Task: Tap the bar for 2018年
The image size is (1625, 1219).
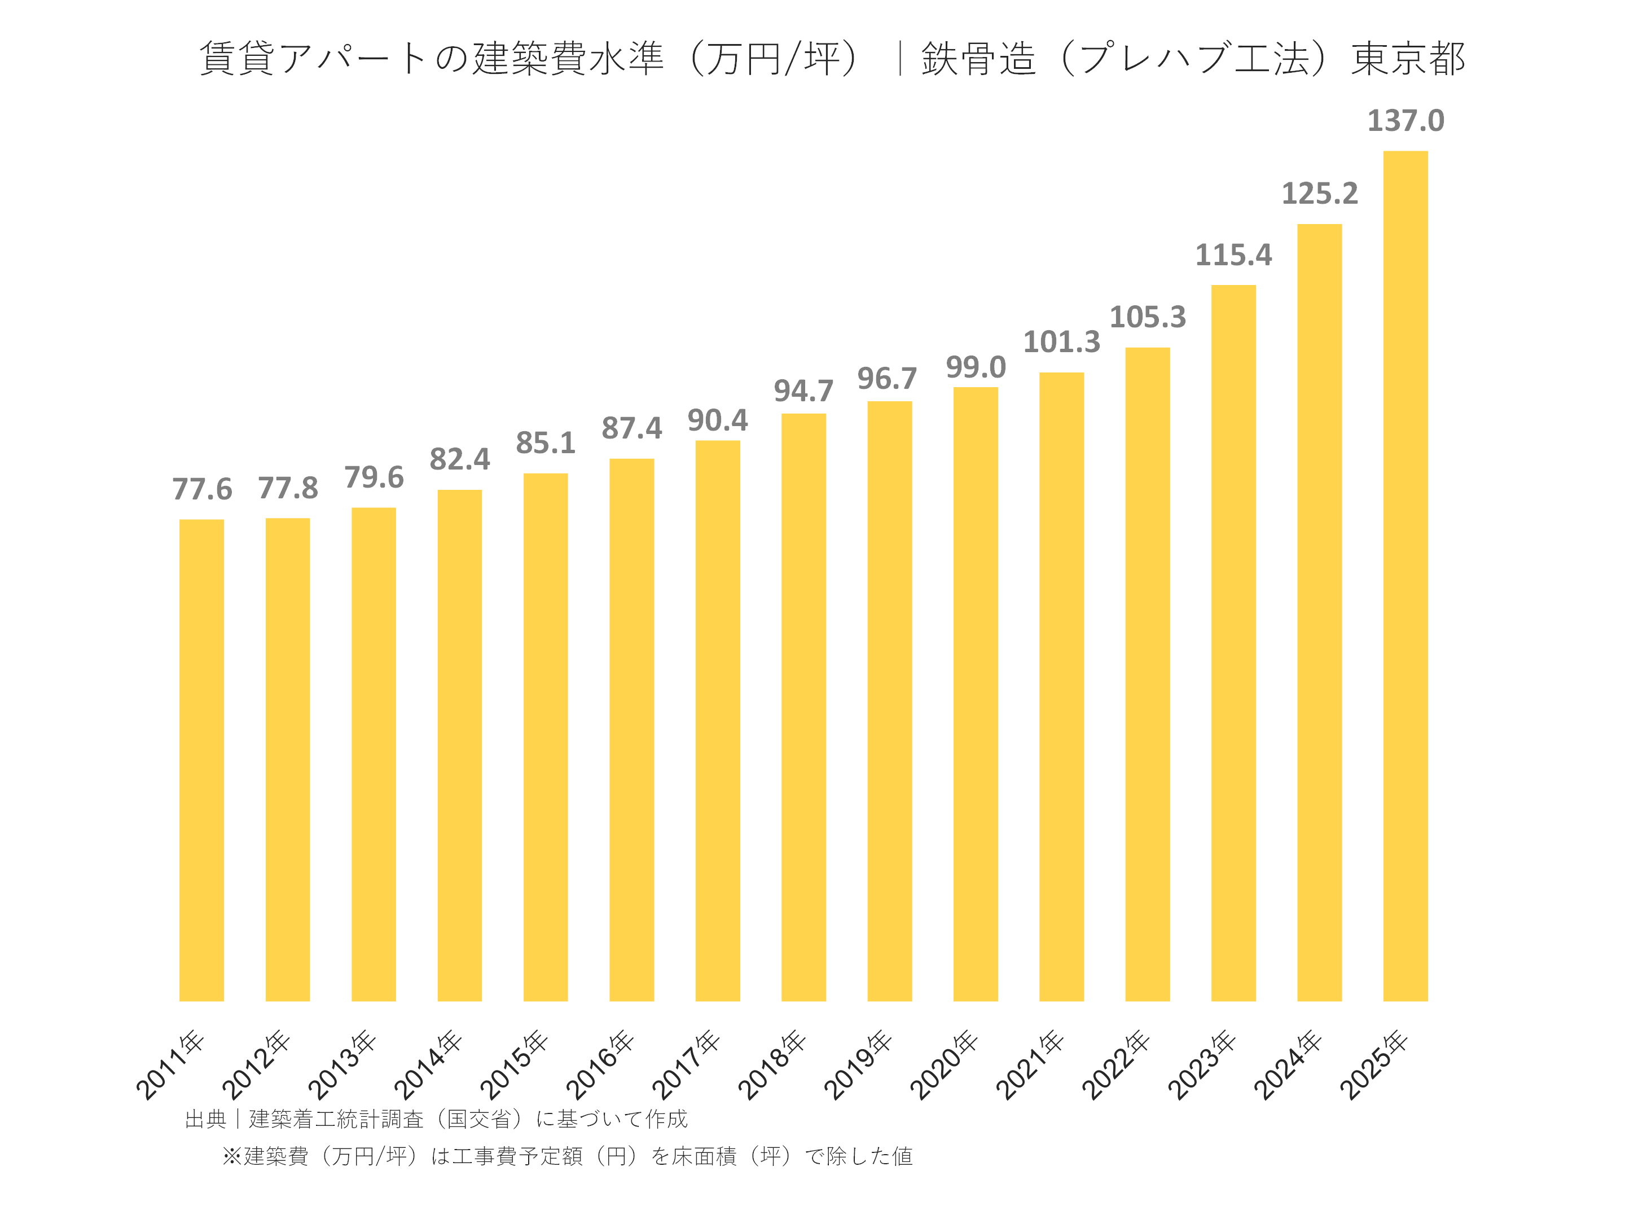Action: pyautogui.click(x=803, y=707)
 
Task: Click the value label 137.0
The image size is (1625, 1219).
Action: pyautogui.click(x=1406, y=121)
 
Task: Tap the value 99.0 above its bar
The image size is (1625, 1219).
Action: pyautogui.click(x=976, y=367)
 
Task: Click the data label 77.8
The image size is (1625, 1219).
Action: pyautogui.click(x=287, y=489)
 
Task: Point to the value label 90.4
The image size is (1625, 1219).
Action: pyautogui.click(x=717, y=421)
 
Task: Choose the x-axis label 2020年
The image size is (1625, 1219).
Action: pyautogui.click(x=944, y=1065)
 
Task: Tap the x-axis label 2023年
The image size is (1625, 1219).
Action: pyautogui.click(x=1202, y=1065)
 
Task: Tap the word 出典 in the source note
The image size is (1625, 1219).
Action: pyautogui.click(x=206, y=1119)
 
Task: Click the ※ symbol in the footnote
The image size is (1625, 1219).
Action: pyautogui.click(x=231, y=1156)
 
